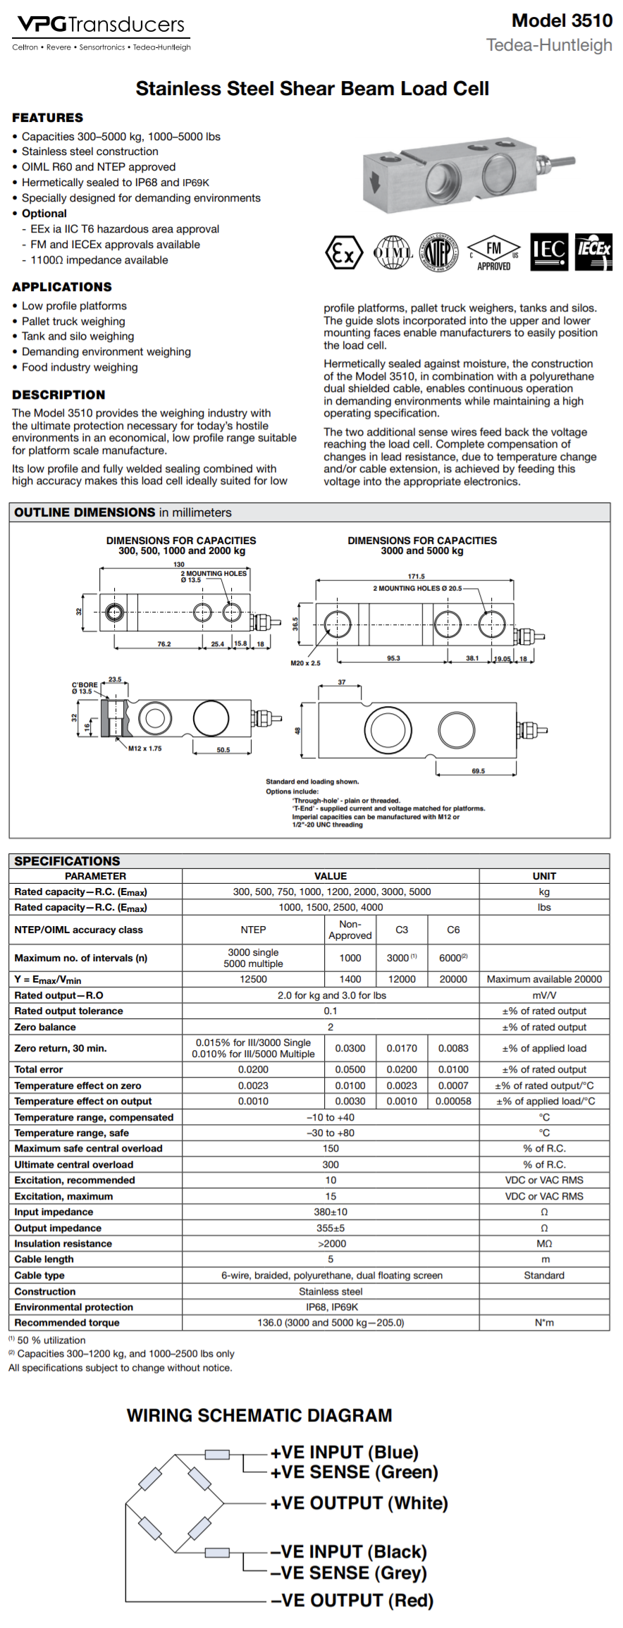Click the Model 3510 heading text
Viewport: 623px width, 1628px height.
(x=562, y=20)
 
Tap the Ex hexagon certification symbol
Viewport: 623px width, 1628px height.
(x=343, y=252)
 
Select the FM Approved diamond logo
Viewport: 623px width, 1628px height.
(x=493, y=252)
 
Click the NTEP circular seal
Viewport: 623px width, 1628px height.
(x=438, y=252)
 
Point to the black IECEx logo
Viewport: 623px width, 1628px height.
(x=593, y=252)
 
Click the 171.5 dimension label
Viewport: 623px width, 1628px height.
(x=416, y=576)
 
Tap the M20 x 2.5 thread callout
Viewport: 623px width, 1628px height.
(x=305, y=663)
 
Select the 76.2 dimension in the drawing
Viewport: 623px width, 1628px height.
(x=164, y=644)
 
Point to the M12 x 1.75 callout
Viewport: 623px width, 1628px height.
(x=144, y=748)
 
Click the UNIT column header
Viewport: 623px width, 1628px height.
(x=544, y=876)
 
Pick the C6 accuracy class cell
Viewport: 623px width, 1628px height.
(x=453, y=930)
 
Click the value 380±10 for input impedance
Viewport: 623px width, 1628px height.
(x=331, y=1211)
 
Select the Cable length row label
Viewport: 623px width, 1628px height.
(x=44, y=1259)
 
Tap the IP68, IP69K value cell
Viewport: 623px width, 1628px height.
(x=331, y=1307)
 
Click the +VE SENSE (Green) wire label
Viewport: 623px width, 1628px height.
(x=354, y=1472)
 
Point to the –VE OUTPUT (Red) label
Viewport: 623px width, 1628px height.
(x=352, y=1600)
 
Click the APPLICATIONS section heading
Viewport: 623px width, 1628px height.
(x=62, y=287)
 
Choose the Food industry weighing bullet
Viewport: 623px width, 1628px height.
(x=80, y=367)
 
